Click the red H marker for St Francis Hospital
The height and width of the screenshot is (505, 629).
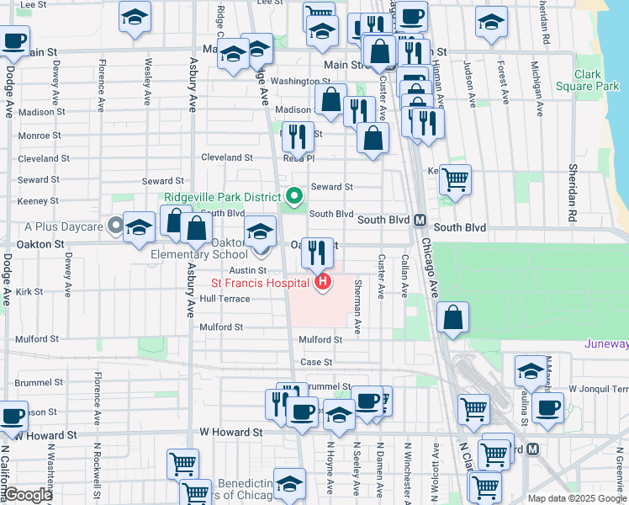pyautogui.click(x=321, y=283)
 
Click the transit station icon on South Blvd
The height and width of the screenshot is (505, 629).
pyautogui.click(x=419, y=220)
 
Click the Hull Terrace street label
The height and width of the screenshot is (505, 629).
pyautogui.click(x=225, y=299)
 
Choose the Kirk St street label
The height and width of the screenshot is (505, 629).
pyautogui.click(x=29, y=292)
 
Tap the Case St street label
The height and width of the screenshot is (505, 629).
pyautogui.click(x=316, y=362)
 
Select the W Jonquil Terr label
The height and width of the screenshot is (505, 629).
pyautogui.click(x=598, y=389)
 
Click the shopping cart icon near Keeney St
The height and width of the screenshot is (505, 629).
pyautogui.click(x=455, y=178)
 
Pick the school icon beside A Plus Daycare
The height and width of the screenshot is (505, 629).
pyautogui.click(x=139, y=226)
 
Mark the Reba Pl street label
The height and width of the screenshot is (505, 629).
pyautogui.click(x=299, y=157)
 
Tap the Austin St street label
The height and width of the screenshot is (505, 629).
pyautogui.click(x=248, y=269)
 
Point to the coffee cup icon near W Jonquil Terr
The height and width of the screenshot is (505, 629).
pyautogui.click(x=547, y=407)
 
